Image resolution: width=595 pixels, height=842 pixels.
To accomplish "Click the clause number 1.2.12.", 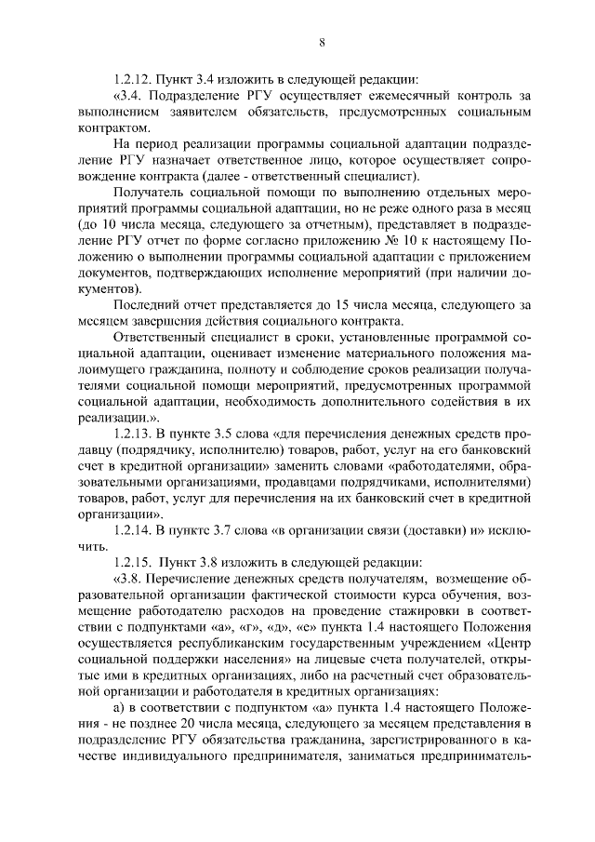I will pos(132,78).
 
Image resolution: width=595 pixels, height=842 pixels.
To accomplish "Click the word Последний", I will pos(147,303).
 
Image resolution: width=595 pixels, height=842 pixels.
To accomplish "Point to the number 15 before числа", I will pos(359,303).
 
